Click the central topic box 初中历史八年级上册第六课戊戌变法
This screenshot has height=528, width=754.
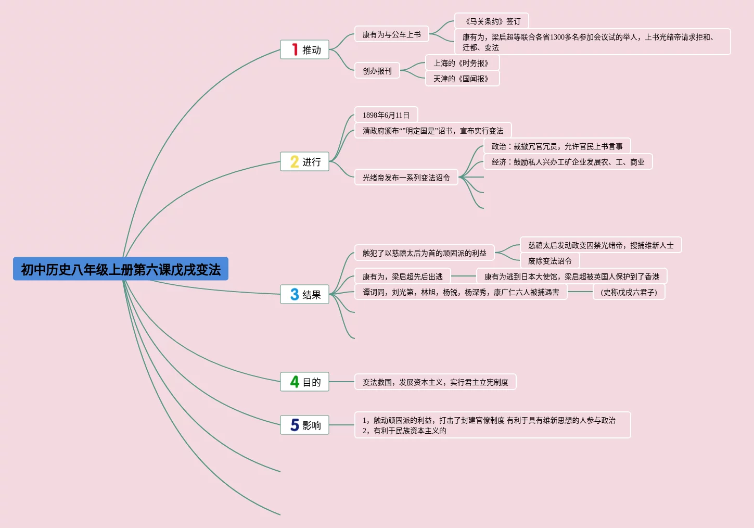[x=120, y=269]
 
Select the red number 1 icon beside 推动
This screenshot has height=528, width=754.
[x=295, y=49]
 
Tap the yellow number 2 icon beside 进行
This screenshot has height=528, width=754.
[x=295, y=162]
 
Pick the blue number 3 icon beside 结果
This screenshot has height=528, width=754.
[x=295, y=295]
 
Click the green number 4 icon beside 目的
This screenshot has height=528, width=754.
[x=295, y=382]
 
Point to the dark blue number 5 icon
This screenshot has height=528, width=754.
[x=295, y=425]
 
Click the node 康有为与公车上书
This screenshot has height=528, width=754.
[x=391, y=34]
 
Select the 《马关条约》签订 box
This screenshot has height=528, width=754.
[x=491, y=21]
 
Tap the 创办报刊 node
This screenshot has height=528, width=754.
[x=377, y=71]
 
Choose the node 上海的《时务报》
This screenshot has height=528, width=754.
[x=462, y=63]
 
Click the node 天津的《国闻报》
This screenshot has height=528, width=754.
[x=462, y=79]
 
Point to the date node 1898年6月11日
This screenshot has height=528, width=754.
[x=386, y=115]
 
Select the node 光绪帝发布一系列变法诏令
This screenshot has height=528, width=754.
[x=406, y=178]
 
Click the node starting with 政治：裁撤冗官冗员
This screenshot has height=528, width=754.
[x=557, y=146]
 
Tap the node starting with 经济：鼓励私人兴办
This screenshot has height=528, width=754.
[x=568, y=162]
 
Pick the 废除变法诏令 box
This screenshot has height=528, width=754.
[x=549, y=261]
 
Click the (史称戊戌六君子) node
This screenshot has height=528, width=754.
[x=629, y=292]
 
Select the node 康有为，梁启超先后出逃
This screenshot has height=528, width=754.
[x=402, y=276]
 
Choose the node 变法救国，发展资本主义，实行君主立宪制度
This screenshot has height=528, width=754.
[x=435, y=382]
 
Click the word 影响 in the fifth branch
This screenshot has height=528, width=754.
[x=312, y=425]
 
